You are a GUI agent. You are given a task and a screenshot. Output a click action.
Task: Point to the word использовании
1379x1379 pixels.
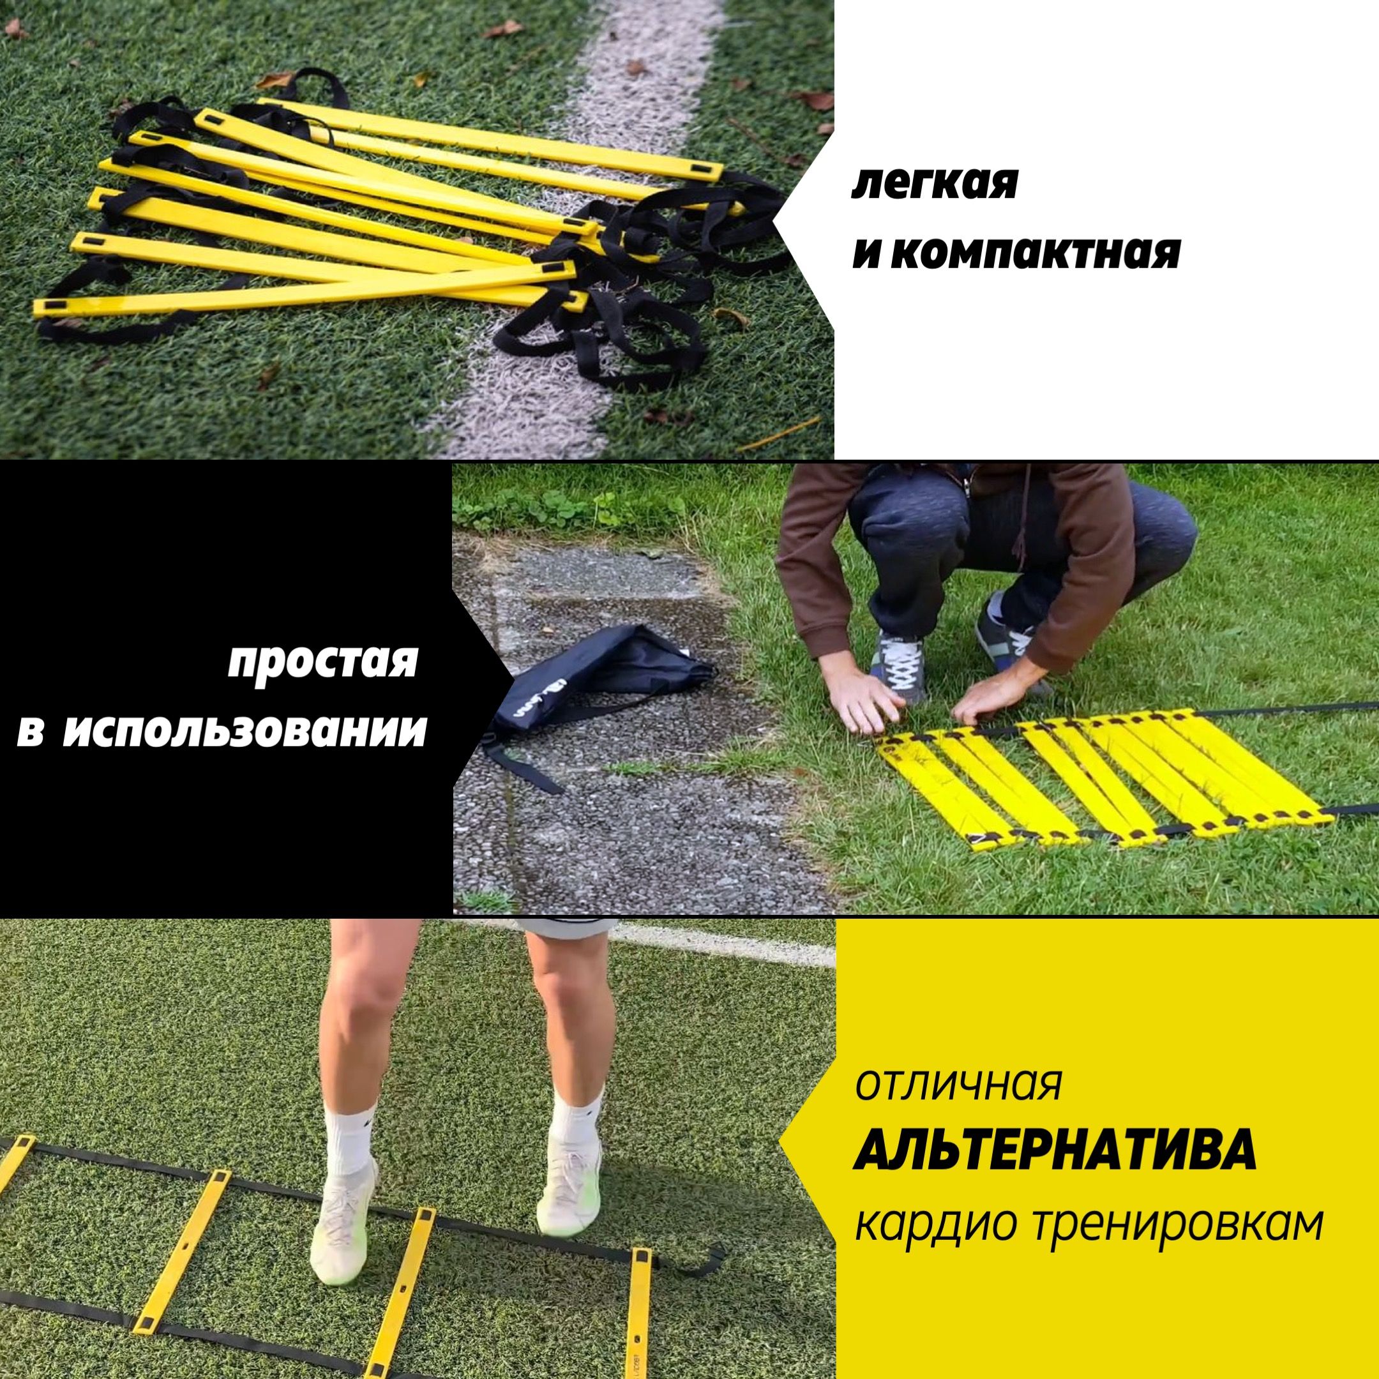point(244,730)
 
